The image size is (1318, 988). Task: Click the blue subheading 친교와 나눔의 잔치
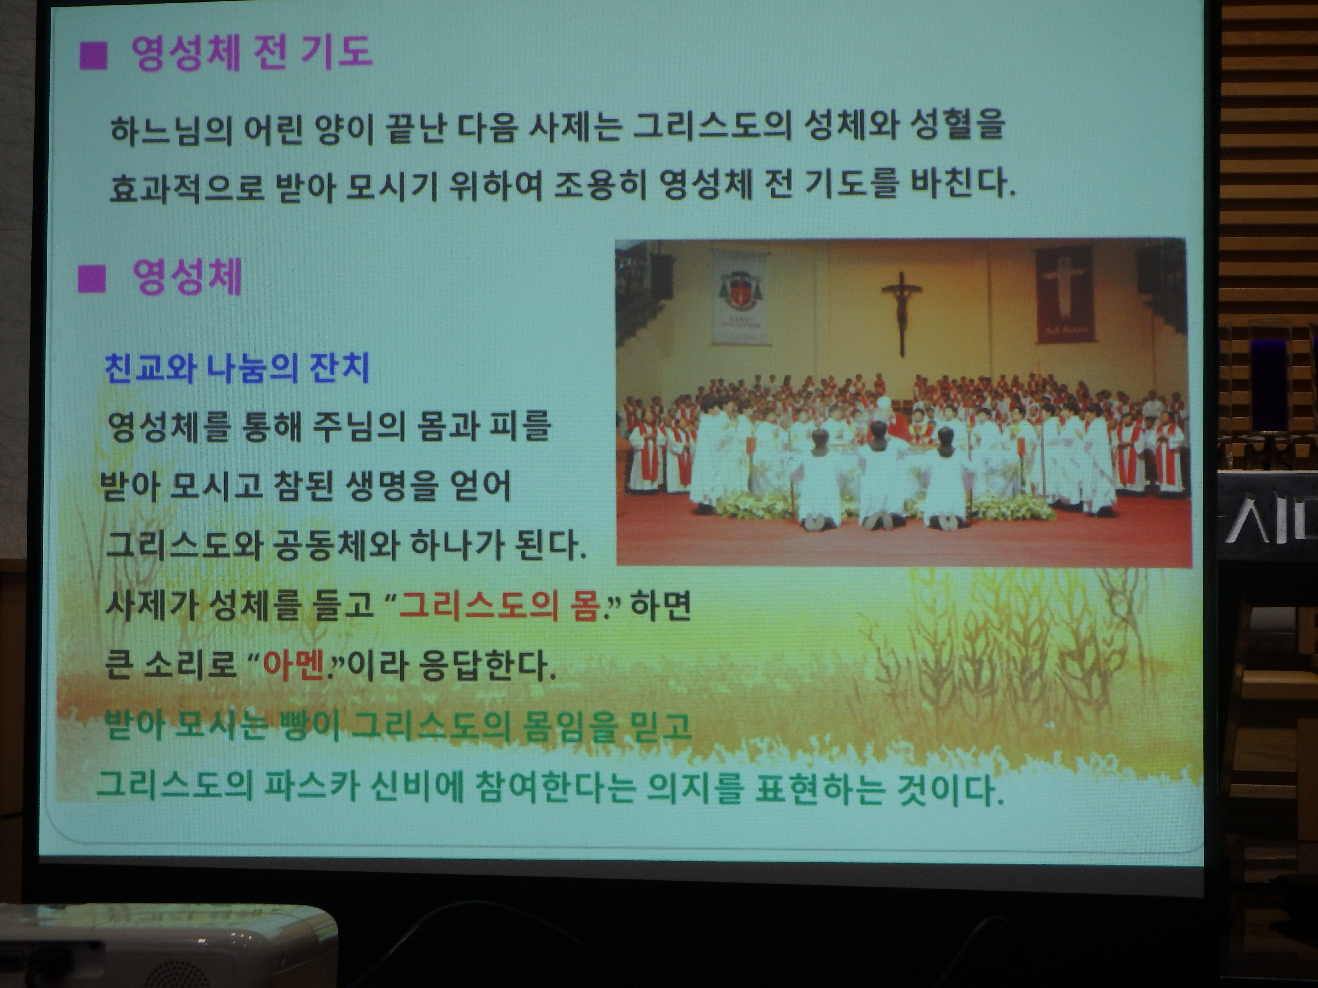point(237,367)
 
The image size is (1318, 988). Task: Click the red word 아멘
point(293,666)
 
